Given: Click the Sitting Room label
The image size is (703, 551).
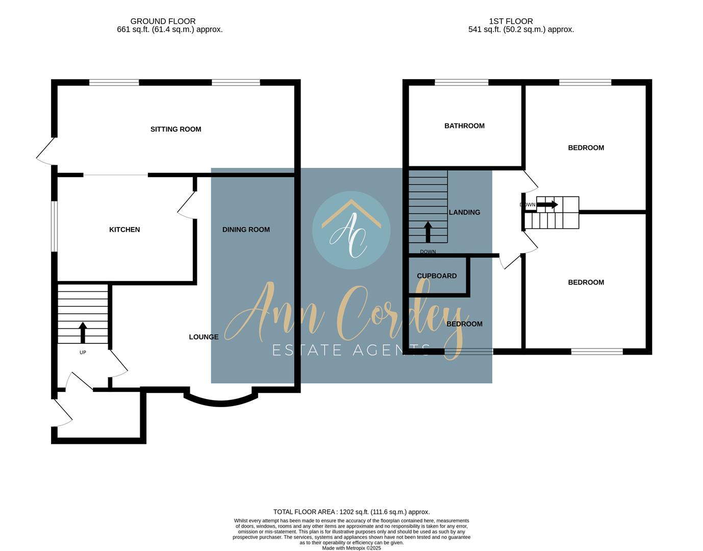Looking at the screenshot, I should pyautogui.click(x=175, y=129).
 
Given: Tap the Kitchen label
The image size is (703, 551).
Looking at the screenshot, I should pyautogui.click(x=124, y=230).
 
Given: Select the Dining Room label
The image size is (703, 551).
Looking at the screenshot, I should pyautogui.click(x=246, y=230).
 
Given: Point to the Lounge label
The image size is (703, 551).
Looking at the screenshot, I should pyautogui.click(x=204, y=337).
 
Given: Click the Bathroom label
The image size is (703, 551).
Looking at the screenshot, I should pyautogui.click(x=464, y=126).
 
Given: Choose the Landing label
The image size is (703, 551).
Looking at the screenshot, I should pyautogui.click(x=464, y=212).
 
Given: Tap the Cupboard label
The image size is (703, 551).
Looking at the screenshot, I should pyautogui.click(x=437, y=276).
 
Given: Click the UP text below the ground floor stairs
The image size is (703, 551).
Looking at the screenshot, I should pyautogui.click(x=83, y=353).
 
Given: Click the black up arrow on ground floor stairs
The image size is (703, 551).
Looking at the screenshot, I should pyautogui.click(x=83, y=332).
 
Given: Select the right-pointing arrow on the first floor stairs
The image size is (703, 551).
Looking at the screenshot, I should pyautogui.click(x=547, y=205).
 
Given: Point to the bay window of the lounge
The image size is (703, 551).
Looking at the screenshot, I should pyautogui.click(x=221, y=402).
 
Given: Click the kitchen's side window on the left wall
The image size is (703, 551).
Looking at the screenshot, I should pyautogui.click(x=54, y=226).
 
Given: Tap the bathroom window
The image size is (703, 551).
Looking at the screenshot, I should pyautogui.click(x=461, y=82).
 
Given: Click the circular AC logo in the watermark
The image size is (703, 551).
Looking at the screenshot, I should pyautogui.click(x=351, y=231).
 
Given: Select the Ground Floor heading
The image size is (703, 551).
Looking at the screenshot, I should pyautogui.click(x=163, y=21).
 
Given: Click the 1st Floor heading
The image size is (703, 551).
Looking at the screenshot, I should pyautogui.click(x=511, y=21).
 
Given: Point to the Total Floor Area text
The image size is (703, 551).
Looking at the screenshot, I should pyautogui.click(x=351, y=512).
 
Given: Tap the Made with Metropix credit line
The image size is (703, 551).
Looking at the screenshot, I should pyautogui.click(x=351, y=548).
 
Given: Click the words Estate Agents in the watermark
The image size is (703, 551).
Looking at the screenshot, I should pyautogui.click(x=351, y=350).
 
